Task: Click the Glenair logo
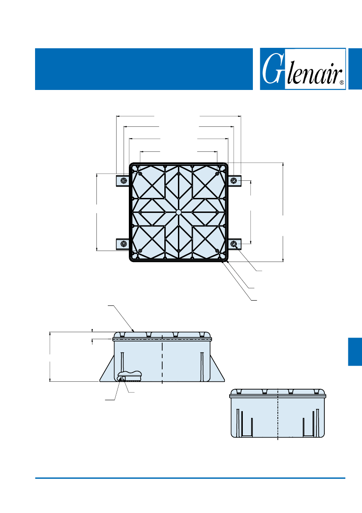point(303,69)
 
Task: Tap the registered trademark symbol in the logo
point(342,83)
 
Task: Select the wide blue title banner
point(144,69)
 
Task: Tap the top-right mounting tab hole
point(234,181)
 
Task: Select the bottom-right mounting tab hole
point(234,244)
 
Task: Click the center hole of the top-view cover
point(178,212)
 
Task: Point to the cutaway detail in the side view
point(129,376)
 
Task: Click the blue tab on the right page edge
point(355,352)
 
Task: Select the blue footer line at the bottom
point(190,478)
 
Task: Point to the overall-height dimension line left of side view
point(50,357)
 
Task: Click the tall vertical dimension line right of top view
point(283,212)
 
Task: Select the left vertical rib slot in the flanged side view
point(121,363)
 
